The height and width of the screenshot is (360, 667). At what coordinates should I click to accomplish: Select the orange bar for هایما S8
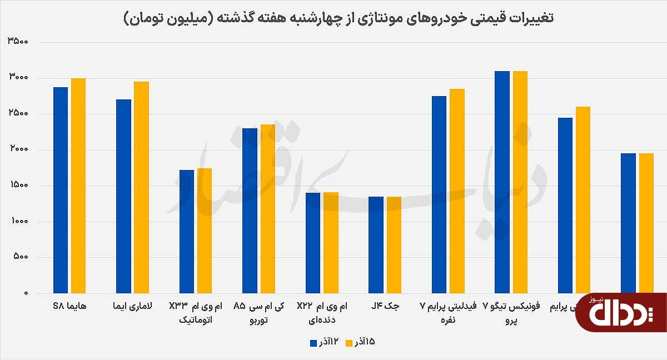tap(78, 186)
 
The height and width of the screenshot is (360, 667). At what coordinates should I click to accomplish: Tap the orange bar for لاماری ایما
tap(141, 187)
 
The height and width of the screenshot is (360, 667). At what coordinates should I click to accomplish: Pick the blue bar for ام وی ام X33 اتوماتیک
tap(187, 232)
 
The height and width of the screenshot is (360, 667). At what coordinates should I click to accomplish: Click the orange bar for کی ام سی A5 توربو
tap(267, 209)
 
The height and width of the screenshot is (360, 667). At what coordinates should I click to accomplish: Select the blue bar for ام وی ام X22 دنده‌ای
tap(313, 243)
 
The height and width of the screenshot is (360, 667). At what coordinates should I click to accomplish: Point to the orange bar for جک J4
tap(394, 245)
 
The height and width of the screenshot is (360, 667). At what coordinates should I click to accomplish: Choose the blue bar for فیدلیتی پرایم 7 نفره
tap(439, 194)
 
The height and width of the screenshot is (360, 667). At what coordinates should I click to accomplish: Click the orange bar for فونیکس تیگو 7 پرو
tap(520, 182)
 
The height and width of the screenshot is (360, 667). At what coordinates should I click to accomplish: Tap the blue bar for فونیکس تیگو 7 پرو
tap(502, 182)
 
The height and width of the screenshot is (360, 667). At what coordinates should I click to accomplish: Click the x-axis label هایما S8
tap(69, 307)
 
